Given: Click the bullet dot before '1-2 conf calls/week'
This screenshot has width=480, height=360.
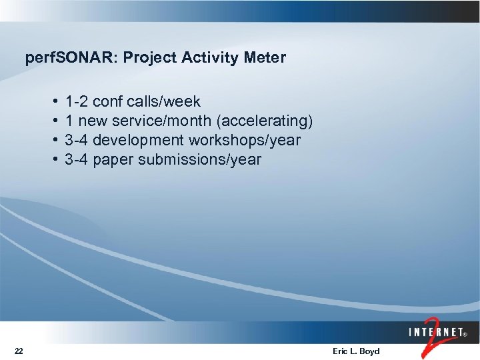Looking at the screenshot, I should pos(53,102).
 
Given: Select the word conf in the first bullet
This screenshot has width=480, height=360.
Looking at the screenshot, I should pos(107,102).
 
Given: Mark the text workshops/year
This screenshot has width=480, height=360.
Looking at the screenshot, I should pos(245,141).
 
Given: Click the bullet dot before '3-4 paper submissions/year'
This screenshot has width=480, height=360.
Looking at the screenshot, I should pos(53,160).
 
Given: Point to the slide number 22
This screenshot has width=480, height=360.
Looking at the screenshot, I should pos(19,351).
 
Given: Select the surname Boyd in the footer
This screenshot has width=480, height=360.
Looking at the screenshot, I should pos(369,351).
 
